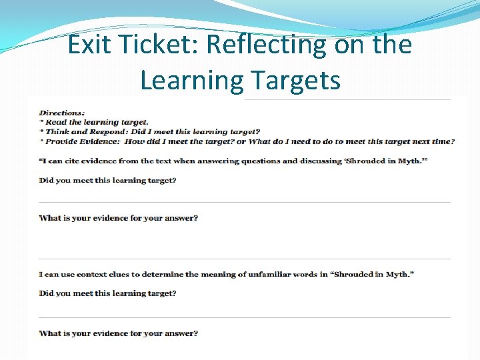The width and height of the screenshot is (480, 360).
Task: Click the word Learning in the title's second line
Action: [193, 81]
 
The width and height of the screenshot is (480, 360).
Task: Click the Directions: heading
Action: [62, 113]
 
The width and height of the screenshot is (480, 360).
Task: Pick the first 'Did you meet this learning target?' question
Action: [107, 180]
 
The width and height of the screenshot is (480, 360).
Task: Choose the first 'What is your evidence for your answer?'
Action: [118, 218]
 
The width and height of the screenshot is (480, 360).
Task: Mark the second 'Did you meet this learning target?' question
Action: [107, 293]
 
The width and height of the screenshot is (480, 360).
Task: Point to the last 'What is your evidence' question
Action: [118, 333]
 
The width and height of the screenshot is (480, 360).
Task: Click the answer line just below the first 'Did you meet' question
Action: [245, 201]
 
